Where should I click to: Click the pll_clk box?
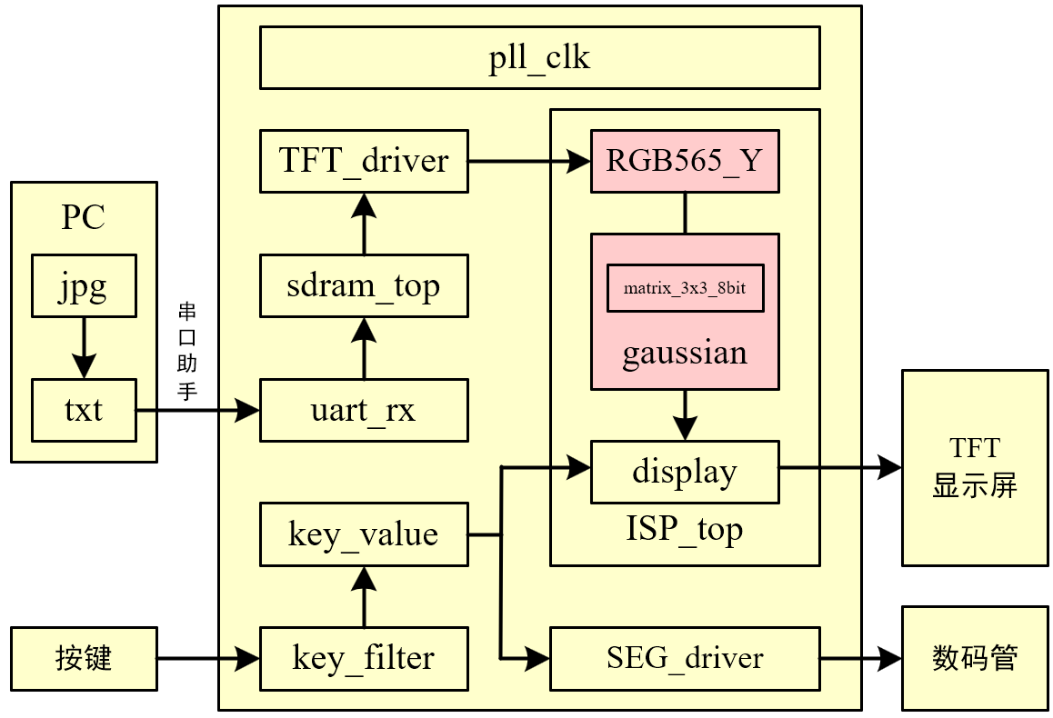pos(540,57)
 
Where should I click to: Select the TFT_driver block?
pos(364,162)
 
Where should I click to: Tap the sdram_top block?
pos(364,286)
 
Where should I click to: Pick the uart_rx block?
pos(364,411)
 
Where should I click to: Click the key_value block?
pos(364,534)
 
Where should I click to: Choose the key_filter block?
pos(364,659)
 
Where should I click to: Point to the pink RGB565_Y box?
pos(685,162)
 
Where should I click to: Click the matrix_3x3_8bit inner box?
pos(685,288)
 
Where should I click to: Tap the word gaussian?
pos(685,354)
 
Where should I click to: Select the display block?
pos(685,473)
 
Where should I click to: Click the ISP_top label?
pos(685,530)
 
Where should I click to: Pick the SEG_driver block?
pos(685,659)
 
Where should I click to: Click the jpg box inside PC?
pos(84,286)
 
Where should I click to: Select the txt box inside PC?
pos(84,411)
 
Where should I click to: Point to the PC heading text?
pos(84,217)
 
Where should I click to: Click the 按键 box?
pos(84,659)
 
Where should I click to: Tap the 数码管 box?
pos(975,659)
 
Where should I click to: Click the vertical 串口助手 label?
pos(186,351)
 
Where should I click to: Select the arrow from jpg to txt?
pos(84,348)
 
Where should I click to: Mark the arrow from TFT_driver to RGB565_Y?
pos(529,162)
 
